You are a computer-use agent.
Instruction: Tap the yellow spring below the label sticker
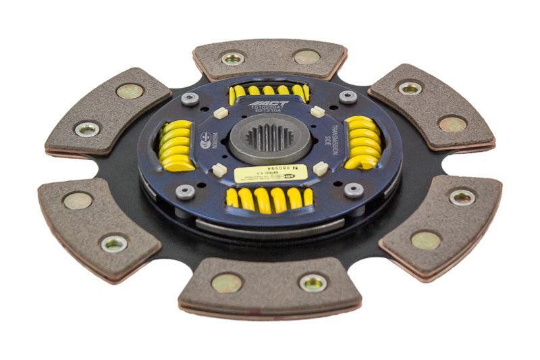click(269, 199)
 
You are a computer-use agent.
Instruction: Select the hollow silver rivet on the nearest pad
click(313, 283)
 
